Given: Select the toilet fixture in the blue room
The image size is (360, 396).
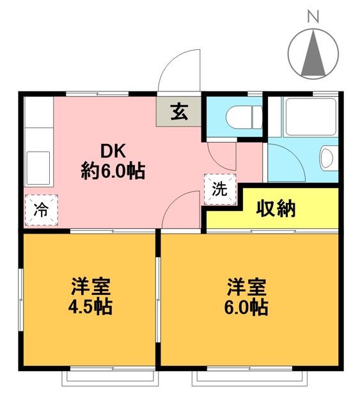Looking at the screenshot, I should pos(243,116).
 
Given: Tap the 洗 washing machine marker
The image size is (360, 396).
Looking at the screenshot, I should pos(219,189).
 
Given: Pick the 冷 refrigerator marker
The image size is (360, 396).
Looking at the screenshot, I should pos(40,210).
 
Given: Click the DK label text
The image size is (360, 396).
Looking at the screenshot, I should pos(113,152).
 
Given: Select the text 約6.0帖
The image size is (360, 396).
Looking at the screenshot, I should pos(113,171).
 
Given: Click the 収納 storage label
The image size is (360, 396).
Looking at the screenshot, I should pos(276,209).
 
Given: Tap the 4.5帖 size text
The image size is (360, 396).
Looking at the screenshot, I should pos(90,307).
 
